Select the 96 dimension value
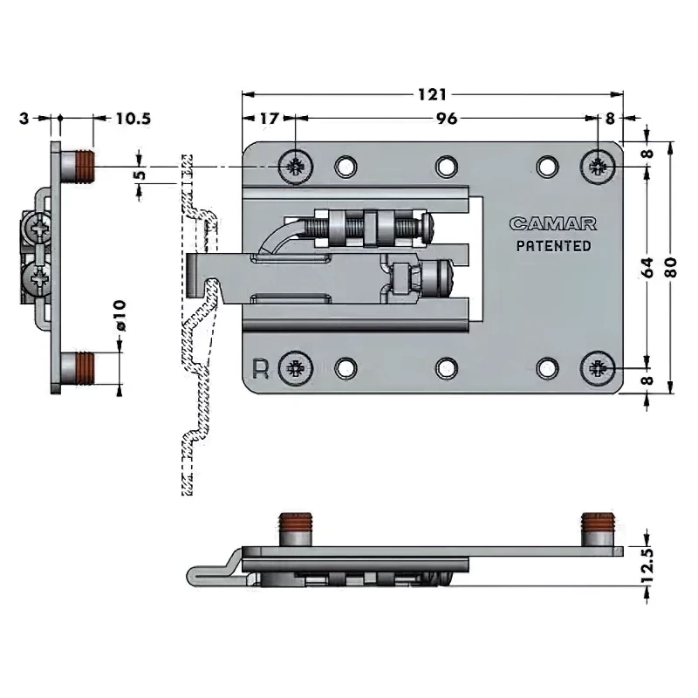(x=446, y=120)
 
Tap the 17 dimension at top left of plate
(x=269, y=120)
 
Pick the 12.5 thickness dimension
(x=647, y=566)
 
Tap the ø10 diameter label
(x=120, y=314)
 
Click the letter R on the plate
(x=259, y=367)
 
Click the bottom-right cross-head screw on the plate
(x=599, y=369)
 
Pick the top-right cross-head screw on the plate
(x=599, y=166)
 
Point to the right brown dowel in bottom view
(x=598, y=528)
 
